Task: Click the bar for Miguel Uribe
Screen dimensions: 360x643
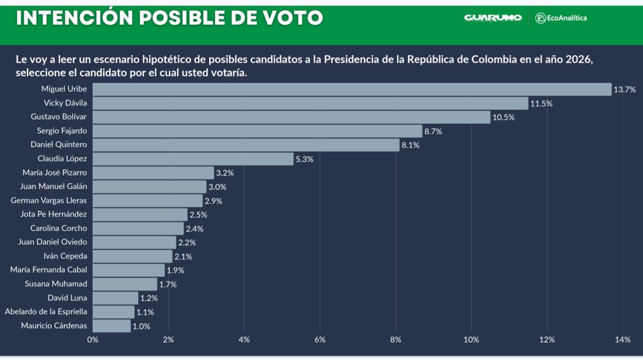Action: point(352,89)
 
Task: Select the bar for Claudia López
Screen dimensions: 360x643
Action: point(193,159)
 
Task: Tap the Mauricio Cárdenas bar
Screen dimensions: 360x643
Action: point(111,326)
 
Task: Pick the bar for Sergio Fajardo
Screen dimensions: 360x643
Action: point(257,131)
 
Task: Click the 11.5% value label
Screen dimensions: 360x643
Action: point(541,104)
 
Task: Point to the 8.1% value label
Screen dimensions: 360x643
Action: point(410,145)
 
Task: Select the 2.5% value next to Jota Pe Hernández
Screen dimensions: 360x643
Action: point(198,215)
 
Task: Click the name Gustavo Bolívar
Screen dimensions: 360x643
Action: point(59,117)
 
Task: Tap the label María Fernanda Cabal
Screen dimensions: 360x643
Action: point(48,270)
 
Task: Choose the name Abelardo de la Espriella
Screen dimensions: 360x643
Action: point(46,311)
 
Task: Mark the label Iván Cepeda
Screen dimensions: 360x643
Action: point(65,256)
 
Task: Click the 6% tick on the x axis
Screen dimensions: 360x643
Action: point(320,340)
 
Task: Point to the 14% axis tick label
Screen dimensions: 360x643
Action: point(622,340)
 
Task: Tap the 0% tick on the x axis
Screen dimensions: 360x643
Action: point(93,340)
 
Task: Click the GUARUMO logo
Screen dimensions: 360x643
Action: point(493,18)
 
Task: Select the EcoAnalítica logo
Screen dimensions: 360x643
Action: point(561,18)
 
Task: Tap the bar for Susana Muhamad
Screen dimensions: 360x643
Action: point(125,284)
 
